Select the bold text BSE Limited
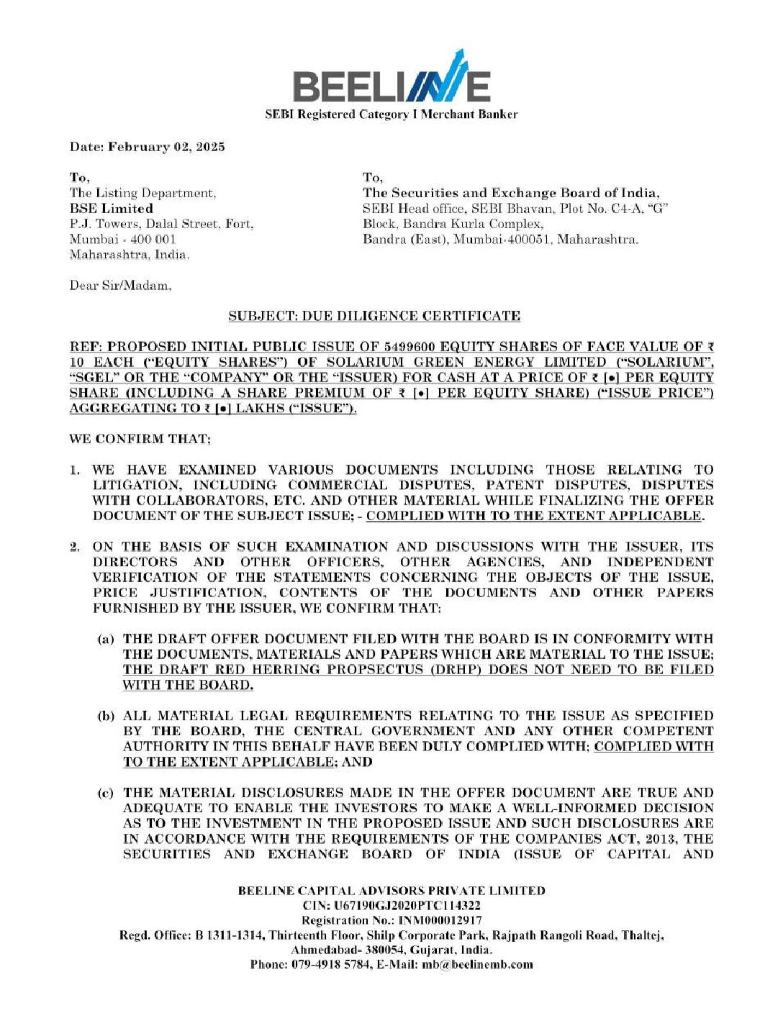[x=111, y=208]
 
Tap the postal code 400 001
[x=153, y=239]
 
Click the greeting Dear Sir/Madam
[x=120, y=286]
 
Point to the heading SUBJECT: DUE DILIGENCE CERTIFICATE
[x=374, y=316]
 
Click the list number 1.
[x=74, y=470]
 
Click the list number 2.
[x=74, y=547]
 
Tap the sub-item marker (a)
[x=106, y=639]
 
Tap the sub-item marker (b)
[x=106, y=716]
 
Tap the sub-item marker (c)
[x=106, y=793]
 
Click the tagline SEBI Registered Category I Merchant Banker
[x=391, y=114]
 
